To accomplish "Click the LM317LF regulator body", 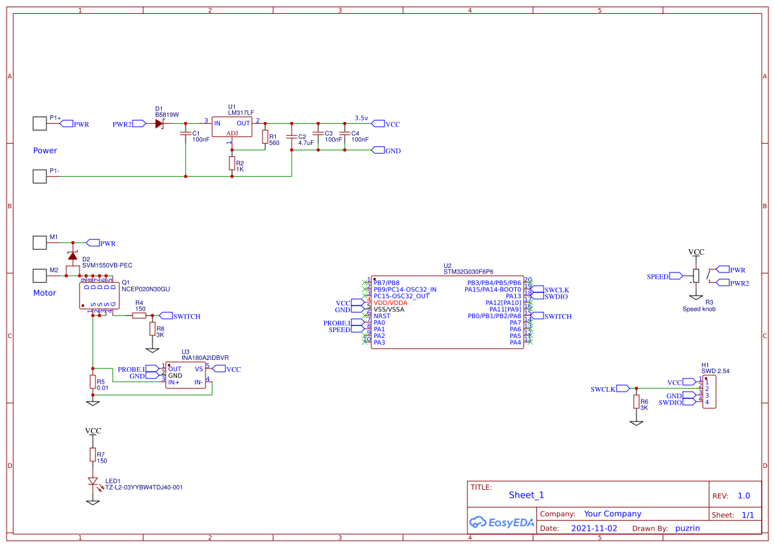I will pos(232,127).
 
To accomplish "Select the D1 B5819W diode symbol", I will pos(159,124).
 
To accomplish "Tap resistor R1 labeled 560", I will pos(265,137).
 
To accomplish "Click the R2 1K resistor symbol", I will pos(232,164).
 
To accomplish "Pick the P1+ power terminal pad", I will pos(40,123).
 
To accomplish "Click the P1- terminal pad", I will pos(40,176).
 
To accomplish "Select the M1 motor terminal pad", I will pos(40,243).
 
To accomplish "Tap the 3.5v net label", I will pos(361,117).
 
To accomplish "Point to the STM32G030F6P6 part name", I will pos(468,272).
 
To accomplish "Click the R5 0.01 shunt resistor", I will pos(93,382).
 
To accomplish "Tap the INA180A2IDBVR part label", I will pos(205,357).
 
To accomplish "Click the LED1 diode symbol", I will pos(93,482).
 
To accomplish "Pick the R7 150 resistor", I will pos(93,455).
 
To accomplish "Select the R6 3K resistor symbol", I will pos(636,402).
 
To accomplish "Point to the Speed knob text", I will pos(699,309).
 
